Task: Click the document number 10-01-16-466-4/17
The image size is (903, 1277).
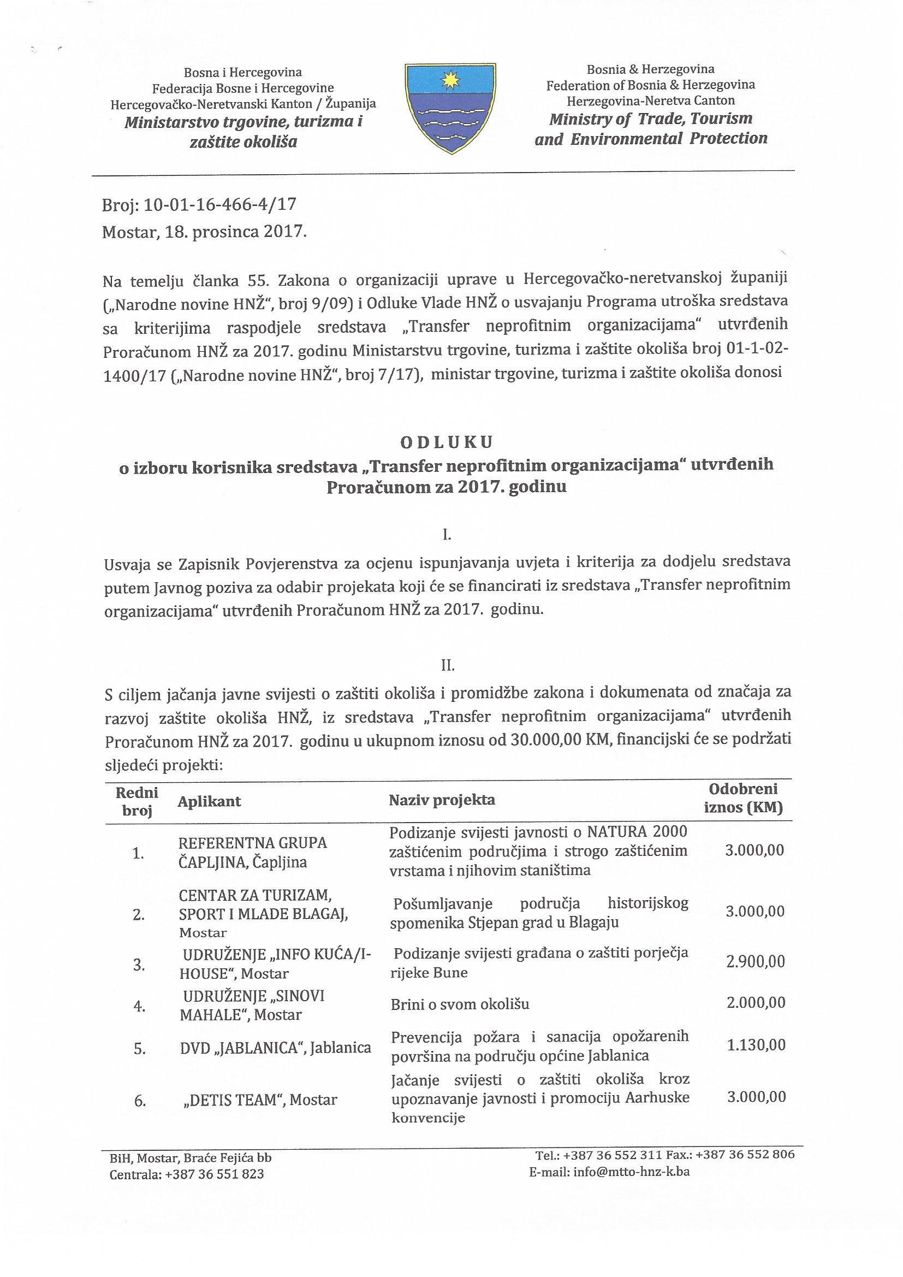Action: pyautogui.click(x=219, y=205)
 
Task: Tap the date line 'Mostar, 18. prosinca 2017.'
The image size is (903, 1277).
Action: pyautogui.click(x=205, y=232)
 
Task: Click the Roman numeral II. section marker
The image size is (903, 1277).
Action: pyautogui.click(x=448, y=665)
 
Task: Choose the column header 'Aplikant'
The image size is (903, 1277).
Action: pyautogui.click(x=209, y=801)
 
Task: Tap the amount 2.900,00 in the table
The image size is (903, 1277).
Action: pyautogui.click(x=755, y=962)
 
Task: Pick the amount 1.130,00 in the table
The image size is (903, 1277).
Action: pyautogui.click(x=756, y=1044)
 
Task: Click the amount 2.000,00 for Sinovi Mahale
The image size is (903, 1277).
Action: pyautogui.click(x=756, y=1002)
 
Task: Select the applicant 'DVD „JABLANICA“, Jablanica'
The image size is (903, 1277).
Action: pyautogui.click(x=275, y=1048)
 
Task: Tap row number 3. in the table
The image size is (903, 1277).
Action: pyautogui.click(x=139, y=965)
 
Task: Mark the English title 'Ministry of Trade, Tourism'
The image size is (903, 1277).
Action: pyautogui.click(x=651, y=119)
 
